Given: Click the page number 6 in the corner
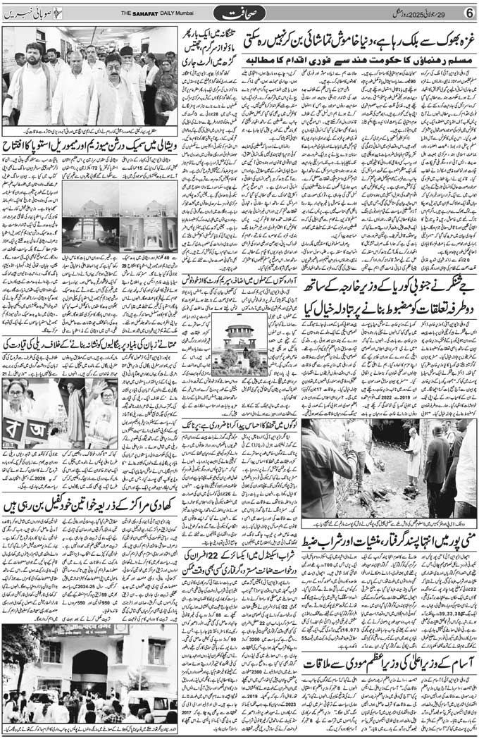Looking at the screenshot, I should (x=468, y=13).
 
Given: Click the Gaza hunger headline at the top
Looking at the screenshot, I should (x=359, y=41).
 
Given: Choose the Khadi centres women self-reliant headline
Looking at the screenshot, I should (x=90, y=505).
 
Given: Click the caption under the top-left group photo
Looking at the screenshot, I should (x=90, y=132).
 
